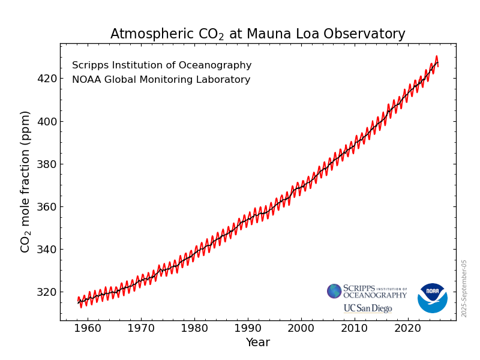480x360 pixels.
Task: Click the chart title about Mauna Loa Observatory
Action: click(257, 34)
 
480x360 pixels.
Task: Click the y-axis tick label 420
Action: click(47, 79)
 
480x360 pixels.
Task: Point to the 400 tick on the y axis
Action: click(47, 121)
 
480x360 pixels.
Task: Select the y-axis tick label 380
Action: click(47, 164)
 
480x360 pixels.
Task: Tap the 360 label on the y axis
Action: click(47, 206)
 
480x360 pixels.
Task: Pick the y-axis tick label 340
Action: click(47, 249)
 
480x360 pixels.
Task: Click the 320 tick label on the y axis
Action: click(47, 292)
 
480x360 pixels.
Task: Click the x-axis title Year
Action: click(257, 343)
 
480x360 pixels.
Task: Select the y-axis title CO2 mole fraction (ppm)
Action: click(25, 181)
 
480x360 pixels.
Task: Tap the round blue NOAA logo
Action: click(432, 298)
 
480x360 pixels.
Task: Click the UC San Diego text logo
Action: click(367, 308)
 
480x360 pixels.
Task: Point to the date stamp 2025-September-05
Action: click(464, 288)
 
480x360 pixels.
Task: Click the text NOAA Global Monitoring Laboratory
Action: click(161, 80)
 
